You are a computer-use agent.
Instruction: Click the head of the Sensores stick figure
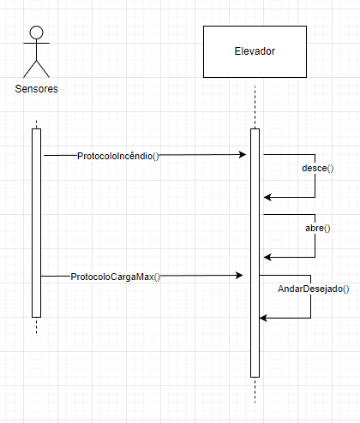[36, 33]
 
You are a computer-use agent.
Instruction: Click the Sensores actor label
[36, 89]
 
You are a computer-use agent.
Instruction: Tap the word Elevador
[255, 51]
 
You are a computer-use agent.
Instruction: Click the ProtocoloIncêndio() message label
[118, 155]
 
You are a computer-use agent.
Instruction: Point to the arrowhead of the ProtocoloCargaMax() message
[240, 276]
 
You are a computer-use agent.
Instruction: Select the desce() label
[317, 168]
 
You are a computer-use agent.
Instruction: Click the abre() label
[318, 229]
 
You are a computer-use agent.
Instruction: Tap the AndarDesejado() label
[314, 289]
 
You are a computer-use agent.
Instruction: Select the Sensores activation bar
[36, 223]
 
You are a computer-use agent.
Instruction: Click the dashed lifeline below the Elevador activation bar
[255, 390]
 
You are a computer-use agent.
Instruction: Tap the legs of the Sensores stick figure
[36, 68]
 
